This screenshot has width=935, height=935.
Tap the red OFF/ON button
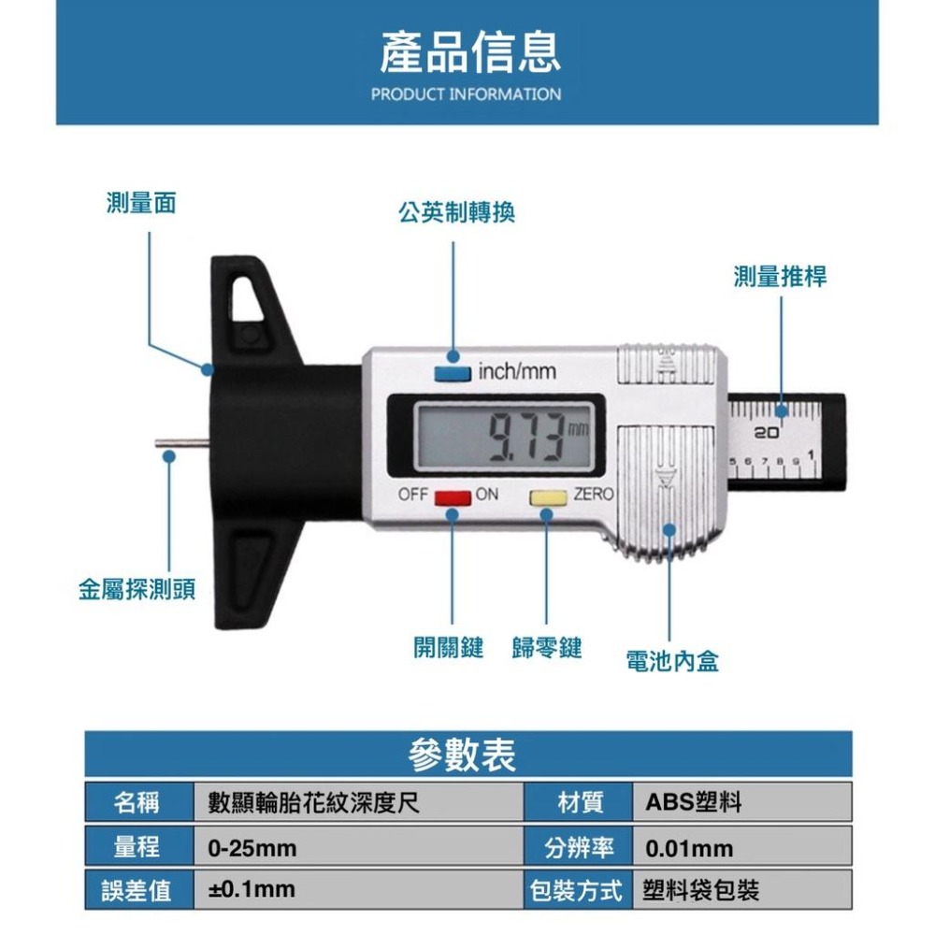pos(452,496)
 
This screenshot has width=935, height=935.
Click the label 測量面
pos(141,203)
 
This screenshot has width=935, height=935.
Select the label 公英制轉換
pos(456,213)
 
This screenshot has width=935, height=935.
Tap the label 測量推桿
pos(780,276)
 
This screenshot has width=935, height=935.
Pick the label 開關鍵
pos(448,646)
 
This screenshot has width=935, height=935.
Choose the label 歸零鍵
pos(547,646)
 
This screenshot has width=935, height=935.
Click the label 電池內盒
pos(672,662)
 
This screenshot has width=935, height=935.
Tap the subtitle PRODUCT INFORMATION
pos(467,94)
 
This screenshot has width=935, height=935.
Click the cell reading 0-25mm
pos(252,848)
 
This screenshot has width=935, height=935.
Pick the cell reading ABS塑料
pos(693,802)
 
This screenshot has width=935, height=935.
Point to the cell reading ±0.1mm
pos(251,889)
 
